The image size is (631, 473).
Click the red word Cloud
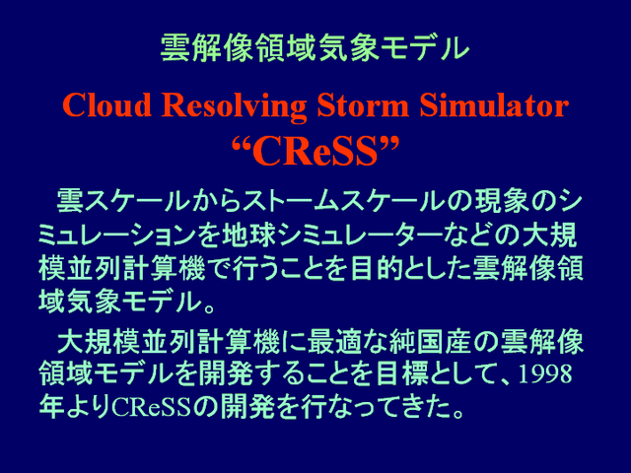coord(106,104)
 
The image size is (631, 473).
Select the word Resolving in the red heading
coord(234,105)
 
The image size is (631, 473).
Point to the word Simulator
coord(494,104)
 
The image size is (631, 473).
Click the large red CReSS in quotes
coord(315,151)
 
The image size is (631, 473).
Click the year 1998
coord(545,373)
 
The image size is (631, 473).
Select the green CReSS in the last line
coord(151,407)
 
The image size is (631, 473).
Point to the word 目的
coord(377,269)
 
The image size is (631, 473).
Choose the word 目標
coord(401,374)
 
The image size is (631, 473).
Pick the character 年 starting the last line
coord(52,407)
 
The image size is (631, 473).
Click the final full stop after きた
coord(457,413)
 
